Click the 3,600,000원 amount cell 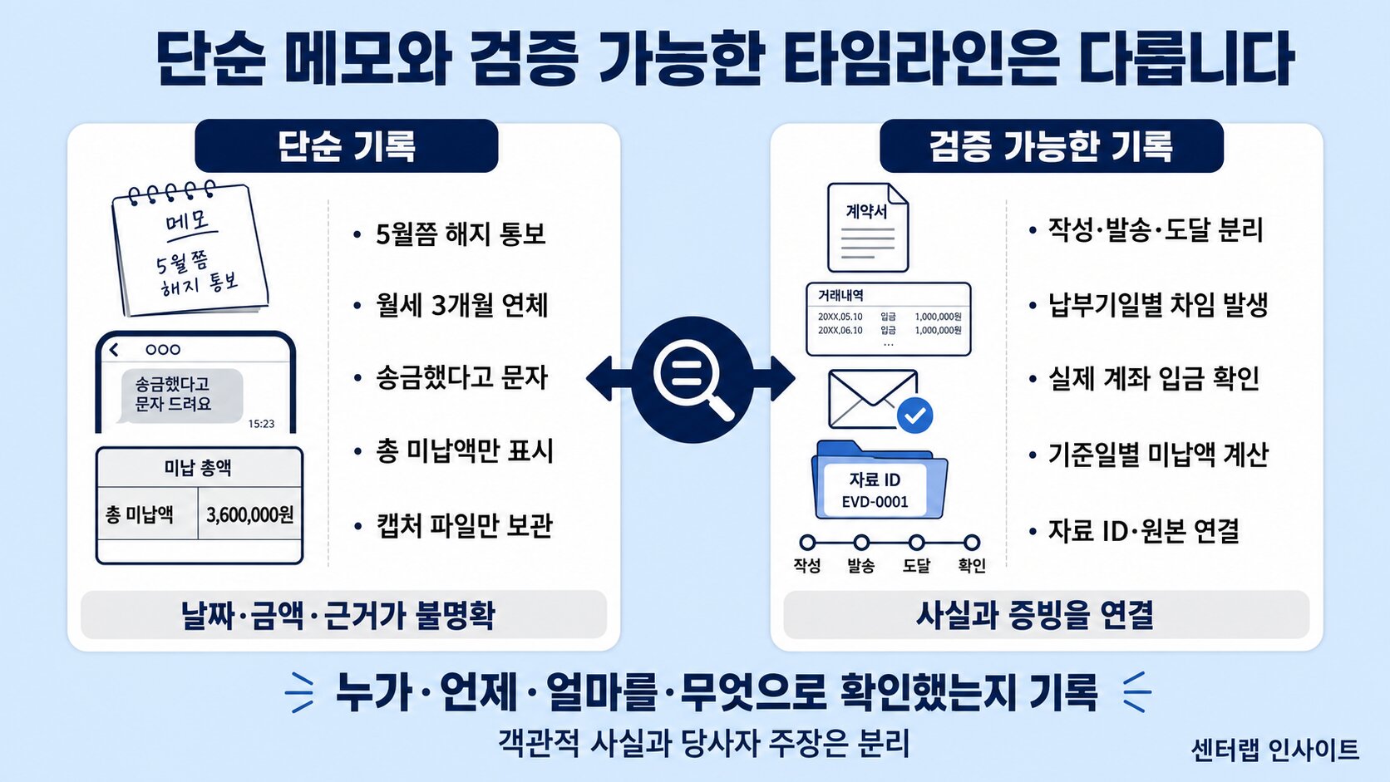(250, 514)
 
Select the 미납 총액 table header (198, 468)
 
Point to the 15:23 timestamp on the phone (261, 424)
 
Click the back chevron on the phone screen (114, 350)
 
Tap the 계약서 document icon (868, 227)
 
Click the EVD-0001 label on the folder (875, 502)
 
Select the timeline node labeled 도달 (916, 543)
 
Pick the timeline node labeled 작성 (807, 543)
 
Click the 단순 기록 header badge (347, 146)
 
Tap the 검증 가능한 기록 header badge (1051, 146)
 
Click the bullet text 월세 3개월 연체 (461, 305)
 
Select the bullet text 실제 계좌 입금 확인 (1154, 378)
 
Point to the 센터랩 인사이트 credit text (1274, 750)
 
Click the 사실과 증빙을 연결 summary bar (1046, 615)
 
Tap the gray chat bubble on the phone (180, 396)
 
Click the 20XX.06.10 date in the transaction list (840, 331)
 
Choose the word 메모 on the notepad (187, 220)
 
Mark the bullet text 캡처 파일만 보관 (464, 526)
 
